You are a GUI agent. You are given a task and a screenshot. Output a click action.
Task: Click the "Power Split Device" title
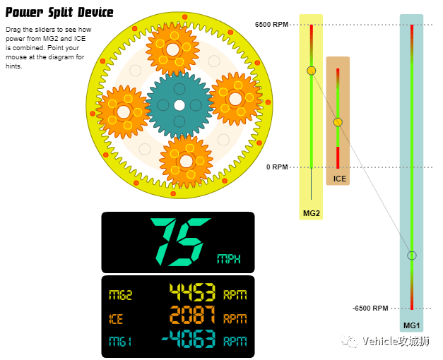[x=59, y=13]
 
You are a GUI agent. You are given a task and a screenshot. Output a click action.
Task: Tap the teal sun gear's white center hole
[x=179, y=105]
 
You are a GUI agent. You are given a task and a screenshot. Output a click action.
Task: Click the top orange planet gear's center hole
[x=172, y=49]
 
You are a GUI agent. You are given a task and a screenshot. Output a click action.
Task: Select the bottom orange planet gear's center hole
[x=187, y=161]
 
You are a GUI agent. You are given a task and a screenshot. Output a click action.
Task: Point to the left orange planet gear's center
[x=124, y=112]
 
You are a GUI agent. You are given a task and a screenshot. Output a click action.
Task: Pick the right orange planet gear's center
[x=235, y=99]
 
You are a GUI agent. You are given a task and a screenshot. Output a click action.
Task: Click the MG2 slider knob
[x=312, y=71]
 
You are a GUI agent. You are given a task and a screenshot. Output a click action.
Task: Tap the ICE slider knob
[x=338, y=122]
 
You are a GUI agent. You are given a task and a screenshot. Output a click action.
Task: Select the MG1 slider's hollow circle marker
[x=412, y=256]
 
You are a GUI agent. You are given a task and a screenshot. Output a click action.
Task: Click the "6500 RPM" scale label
[x=271, y=25]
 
